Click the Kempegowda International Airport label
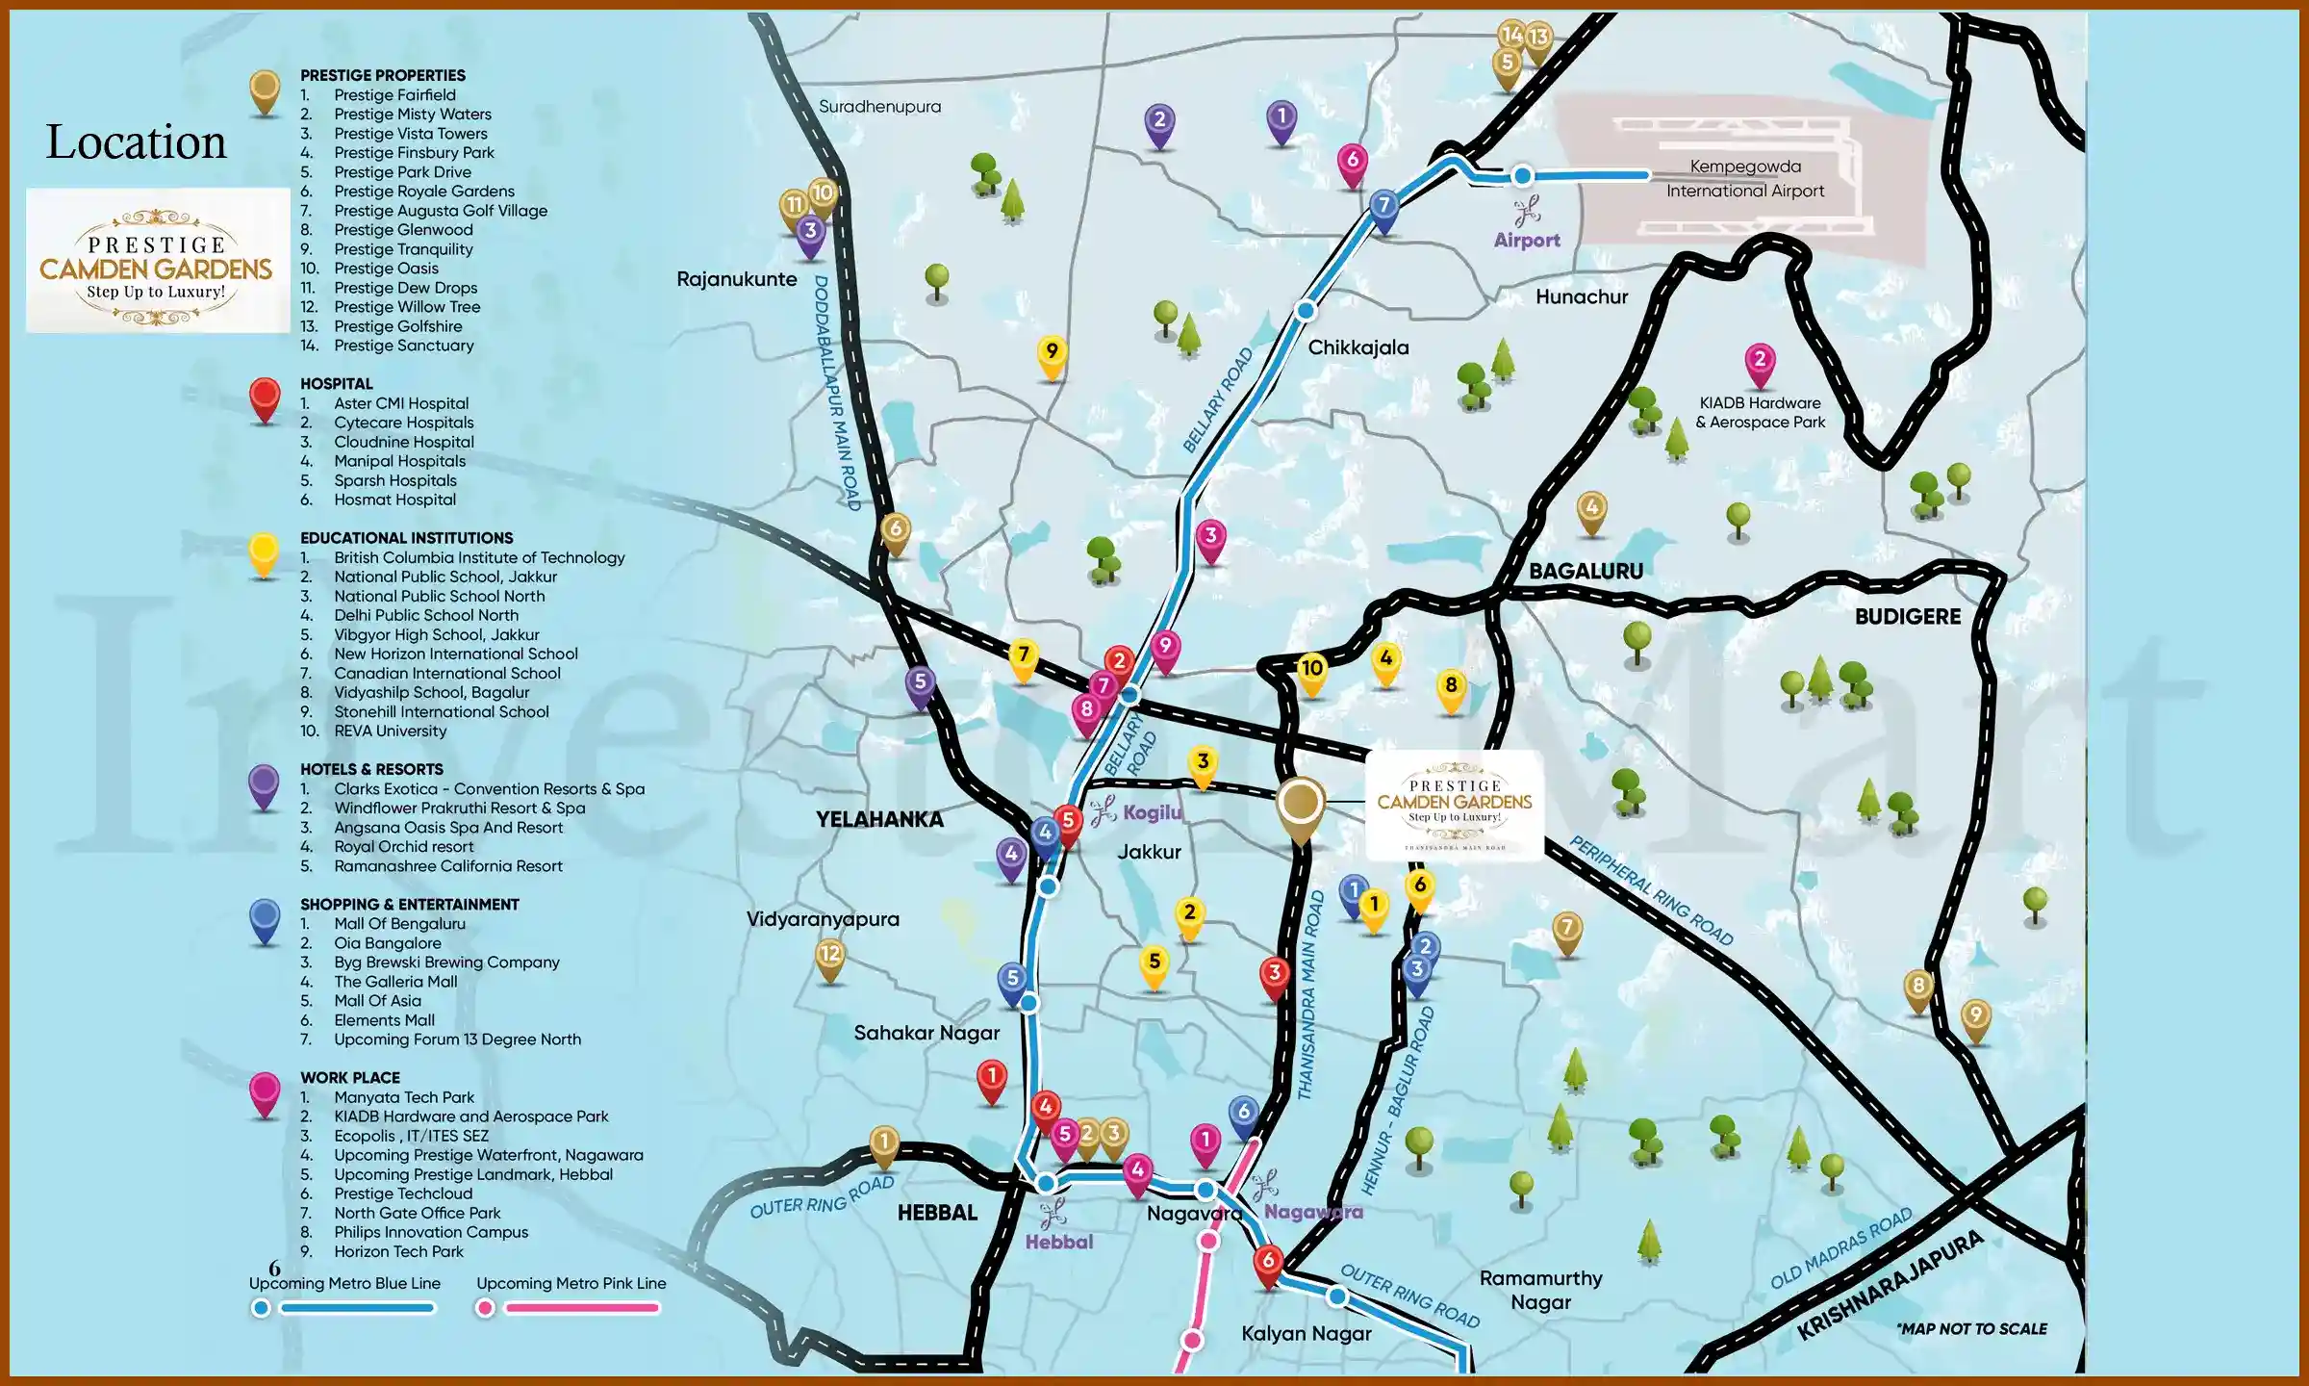coord(1745,179)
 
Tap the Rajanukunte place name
coord(737,279)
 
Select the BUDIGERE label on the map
coord(1907,617)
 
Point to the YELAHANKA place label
coord(879,819)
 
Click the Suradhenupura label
coord(879,107)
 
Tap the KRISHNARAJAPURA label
coord(1890,1286)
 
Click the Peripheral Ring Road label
coord(1651,890)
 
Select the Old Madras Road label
coord(1841,1249)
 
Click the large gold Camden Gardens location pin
coord(1300,805)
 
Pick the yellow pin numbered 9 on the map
coord(1052,353)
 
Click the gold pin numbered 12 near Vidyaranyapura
coord(829,957)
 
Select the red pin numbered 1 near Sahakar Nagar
coord(992,1078)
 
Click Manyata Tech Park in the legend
coord(404,1097)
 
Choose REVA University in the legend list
coord(390,731)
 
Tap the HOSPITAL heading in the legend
coord(336,383)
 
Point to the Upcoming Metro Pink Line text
coord(571,1283)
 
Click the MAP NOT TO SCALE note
coord(1972,1329)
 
